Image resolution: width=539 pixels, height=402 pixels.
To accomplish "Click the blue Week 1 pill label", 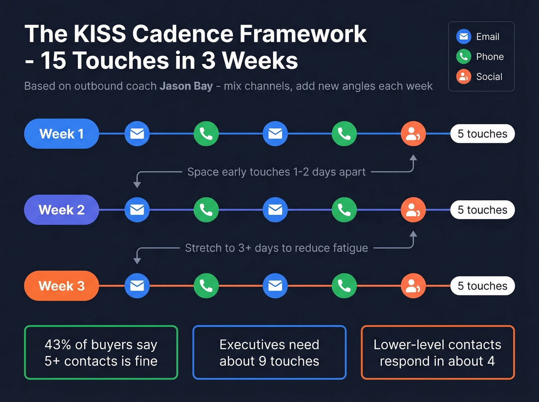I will [62, 134].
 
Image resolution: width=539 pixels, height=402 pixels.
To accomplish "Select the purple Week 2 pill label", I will [62, 210].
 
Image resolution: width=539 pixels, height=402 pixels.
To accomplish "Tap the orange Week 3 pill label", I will [62, 286].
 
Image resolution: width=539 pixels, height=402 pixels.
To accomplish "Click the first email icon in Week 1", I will [137, 134].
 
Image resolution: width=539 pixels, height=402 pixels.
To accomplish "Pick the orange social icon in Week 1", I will [413, 134].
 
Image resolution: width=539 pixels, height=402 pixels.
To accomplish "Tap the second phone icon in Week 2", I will [344, 210].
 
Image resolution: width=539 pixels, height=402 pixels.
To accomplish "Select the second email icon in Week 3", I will [275, 286].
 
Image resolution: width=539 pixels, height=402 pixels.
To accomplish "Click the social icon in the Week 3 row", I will [413, 286].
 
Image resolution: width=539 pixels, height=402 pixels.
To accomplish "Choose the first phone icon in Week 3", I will [206, 286].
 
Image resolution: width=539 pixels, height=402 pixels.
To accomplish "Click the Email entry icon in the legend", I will [464, 37].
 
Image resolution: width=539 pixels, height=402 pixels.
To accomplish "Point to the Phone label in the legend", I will [490, 57].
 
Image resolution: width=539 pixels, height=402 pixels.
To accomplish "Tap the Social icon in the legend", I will [464, 77].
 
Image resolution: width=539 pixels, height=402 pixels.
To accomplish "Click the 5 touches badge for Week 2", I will [482, 210].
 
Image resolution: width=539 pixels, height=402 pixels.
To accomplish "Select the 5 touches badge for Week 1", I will [482, 134].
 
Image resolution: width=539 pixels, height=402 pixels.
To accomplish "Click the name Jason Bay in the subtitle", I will [186, 86].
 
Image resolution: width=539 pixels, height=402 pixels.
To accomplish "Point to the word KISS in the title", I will [100, 34].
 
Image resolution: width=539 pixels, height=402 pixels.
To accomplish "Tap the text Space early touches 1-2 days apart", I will [276, 172].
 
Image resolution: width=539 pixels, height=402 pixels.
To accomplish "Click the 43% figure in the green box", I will [58, 345].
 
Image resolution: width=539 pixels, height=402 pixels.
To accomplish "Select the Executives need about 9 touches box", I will [269, 352].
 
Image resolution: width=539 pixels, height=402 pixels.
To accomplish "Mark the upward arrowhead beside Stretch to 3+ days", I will [413, 234].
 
